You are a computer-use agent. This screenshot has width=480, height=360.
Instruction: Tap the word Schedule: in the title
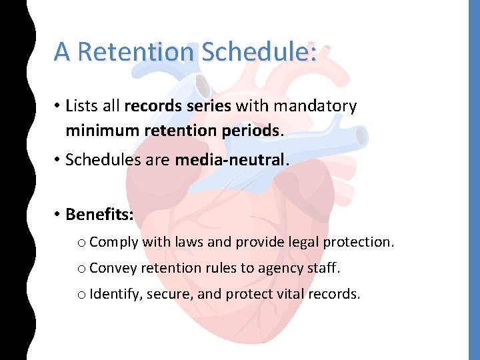(259, 51)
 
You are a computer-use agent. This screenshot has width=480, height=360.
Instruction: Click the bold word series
(209, 106)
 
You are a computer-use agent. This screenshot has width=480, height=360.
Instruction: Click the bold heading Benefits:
(99, 215)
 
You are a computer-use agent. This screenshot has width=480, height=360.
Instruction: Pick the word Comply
(113, 242)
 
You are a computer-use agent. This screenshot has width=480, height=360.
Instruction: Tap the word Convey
(113, 268)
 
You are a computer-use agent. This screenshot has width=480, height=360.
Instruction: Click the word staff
(322, 268)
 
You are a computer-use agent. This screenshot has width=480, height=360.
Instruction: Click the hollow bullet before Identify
(81, 295)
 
